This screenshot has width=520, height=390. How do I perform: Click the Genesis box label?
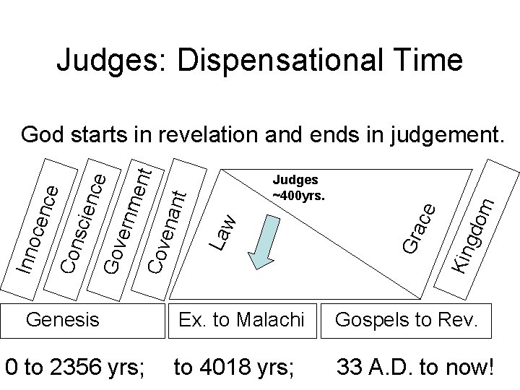(64, 319)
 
